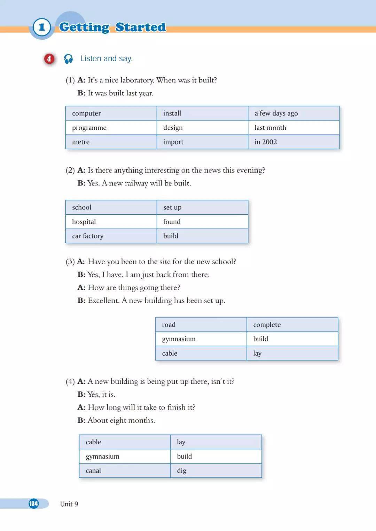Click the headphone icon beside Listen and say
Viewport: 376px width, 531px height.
tap(68, 59)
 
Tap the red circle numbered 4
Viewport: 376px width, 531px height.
tap(49, 59)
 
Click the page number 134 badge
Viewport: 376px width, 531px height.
tap(34, 504)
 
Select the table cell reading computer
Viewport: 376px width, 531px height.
tap(111, 113)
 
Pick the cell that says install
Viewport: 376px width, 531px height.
tap(202, 113)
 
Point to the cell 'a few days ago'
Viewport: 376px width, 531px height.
tap(293, 113)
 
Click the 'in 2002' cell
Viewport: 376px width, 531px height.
tap(293, 142)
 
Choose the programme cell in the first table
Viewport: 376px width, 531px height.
tap(111, 128)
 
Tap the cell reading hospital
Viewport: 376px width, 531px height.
tap(111, 222)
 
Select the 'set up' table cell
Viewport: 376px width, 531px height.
tap(202, 207)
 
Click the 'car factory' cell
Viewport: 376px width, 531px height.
tap(111, 236)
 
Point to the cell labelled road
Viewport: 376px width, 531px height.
tap(201, 325)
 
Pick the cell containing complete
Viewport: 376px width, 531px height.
tap(292, 325)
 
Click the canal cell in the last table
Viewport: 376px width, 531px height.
tap(125, 470)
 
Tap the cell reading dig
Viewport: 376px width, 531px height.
tap(216, 470)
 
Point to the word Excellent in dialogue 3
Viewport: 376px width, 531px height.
tap(103, 301)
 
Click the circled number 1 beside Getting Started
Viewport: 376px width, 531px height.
tap(42, 27)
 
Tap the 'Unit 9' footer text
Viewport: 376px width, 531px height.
tap(69, 504)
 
